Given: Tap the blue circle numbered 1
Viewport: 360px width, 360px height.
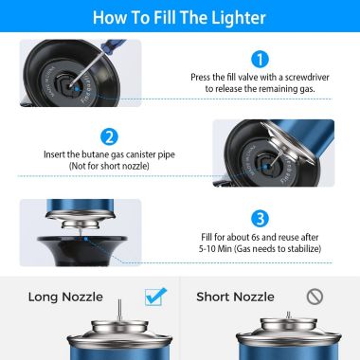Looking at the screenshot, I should (261, 59).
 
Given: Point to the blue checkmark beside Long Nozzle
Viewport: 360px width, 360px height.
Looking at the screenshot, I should (156, 297).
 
